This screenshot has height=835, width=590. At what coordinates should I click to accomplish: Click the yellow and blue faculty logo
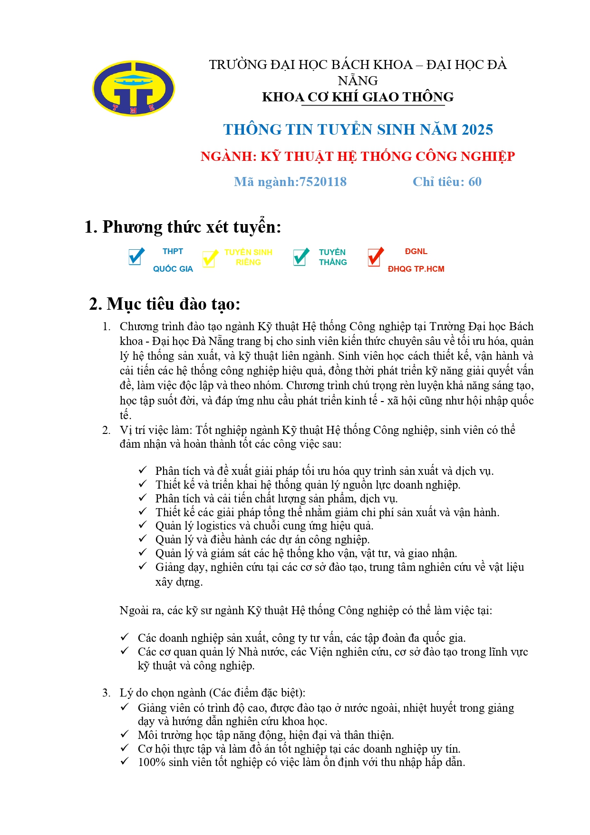point(133,88)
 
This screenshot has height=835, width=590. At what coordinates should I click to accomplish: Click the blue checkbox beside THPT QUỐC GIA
point(136,257)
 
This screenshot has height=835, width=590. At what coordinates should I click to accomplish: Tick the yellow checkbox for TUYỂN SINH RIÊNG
point(209,258)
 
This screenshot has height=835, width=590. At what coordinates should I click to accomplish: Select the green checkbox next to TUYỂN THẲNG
point(300,257)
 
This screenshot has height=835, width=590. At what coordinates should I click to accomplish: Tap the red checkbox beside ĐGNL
point(375,257)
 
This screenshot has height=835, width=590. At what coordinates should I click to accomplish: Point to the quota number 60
point(474,182)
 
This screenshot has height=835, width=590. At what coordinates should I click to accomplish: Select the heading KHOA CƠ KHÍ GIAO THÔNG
point(358,97)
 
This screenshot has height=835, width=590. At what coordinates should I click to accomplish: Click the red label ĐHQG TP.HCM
point(416,269)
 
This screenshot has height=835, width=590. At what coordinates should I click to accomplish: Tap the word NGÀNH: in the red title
point(228,156)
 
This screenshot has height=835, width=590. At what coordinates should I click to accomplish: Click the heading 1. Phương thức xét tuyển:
point(183,227)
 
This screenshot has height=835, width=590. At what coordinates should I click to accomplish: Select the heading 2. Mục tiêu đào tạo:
point(164,304)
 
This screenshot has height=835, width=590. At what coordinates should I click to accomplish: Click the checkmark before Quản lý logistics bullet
point(143,525)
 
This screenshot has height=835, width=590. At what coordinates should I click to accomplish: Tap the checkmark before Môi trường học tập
point(125,734)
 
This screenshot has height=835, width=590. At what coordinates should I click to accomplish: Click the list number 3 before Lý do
point(106,693)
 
